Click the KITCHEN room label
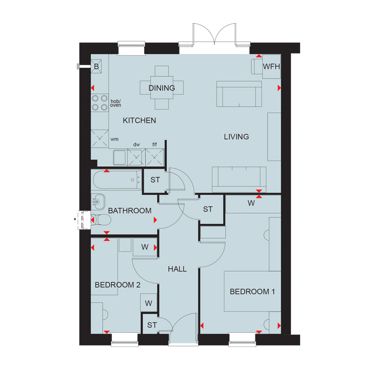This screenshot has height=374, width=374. pos(139,121)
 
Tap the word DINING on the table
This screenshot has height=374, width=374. pos(162,88)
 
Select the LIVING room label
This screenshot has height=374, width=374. pos(236,137)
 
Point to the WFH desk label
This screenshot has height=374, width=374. pos(272,66)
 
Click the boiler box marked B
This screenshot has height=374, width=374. pos(96,66)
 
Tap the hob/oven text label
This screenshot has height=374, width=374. pos(116,103)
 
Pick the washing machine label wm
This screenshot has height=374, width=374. pos(115,139)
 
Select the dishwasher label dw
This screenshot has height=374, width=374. pos(136,145)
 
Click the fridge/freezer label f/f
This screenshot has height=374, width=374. pos(155,145)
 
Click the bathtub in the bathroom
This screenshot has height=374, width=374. pos(117,180)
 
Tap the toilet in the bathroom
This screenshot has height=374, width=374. pos(101,219)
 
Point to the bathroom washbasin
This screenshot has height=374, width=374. pos(98,202)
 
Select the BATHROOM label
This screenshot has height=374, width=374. pos(130,211)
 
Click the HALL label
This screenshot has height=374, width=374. pos(177,269)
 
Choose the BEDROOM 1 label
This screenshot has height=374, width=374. pos(252,291)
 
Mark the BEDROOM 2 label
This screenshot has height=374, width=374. pos(118,285)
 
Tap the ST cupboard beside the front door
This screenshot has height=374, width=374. pos(152,325)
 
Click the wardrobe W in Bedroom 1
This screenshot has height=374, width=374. pos(251,203)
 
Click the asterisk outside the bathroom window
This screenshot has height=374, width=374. pos(75,219)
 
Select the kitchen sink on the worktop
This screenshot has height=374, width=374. pos(120,157)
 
